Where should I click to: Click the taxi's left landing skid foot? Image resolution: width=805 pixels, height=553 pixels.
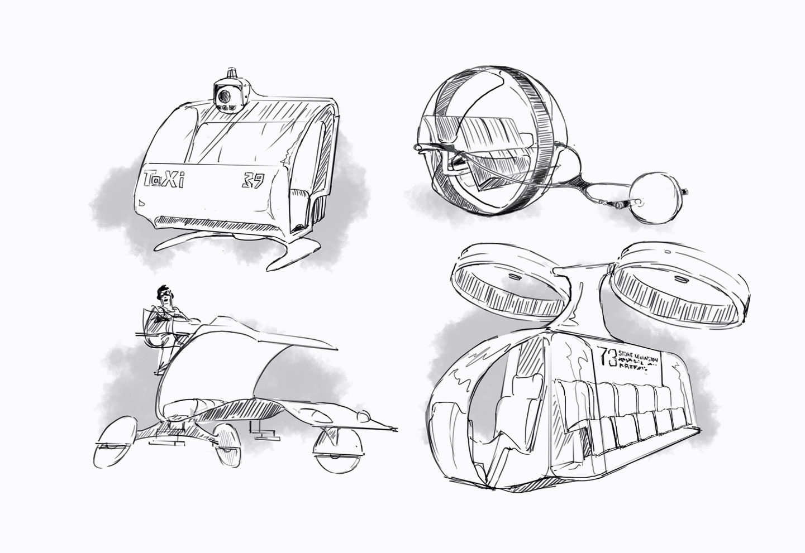coord(166,246)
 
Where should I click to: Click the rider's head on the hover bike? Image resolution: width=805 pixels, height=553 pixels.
coord(164,296)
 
